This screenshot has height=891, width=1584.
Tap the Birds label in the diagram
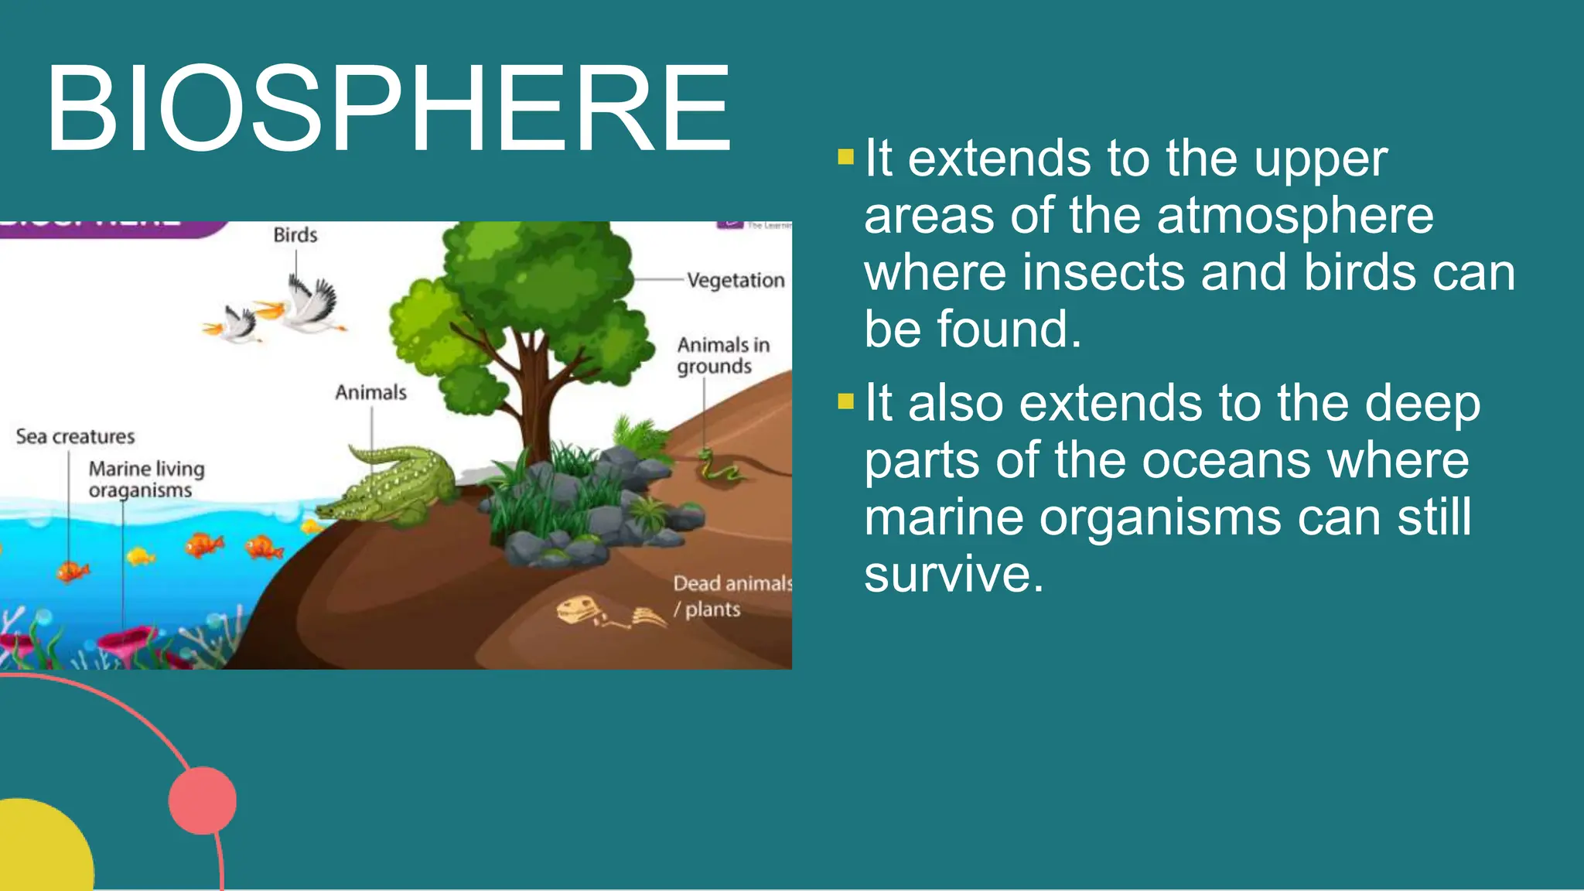coord(295,234)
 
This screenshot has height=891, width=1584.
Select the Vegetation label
coord(736,280)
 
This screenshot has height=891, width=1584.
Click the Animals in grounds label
coord(722,355)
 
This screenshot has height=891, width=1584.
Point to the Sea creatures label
coord(75,436)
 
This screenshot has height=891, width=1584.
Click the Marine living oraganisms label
coord(145,480)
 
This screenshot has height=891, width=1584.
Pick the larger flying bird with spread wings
coord(309,306)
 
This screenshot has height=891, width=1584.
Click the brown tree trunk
coord(534,394)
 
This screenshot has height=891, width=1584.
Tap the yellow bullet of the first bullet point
coord(845,158)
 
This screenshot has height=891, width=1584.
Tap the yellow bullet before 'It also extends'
coord(845,401)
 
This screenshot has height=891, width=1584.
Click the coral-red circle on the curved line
coord(203,801)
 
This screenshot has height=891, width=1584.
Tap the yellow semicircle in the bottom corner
coord(39,851)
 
